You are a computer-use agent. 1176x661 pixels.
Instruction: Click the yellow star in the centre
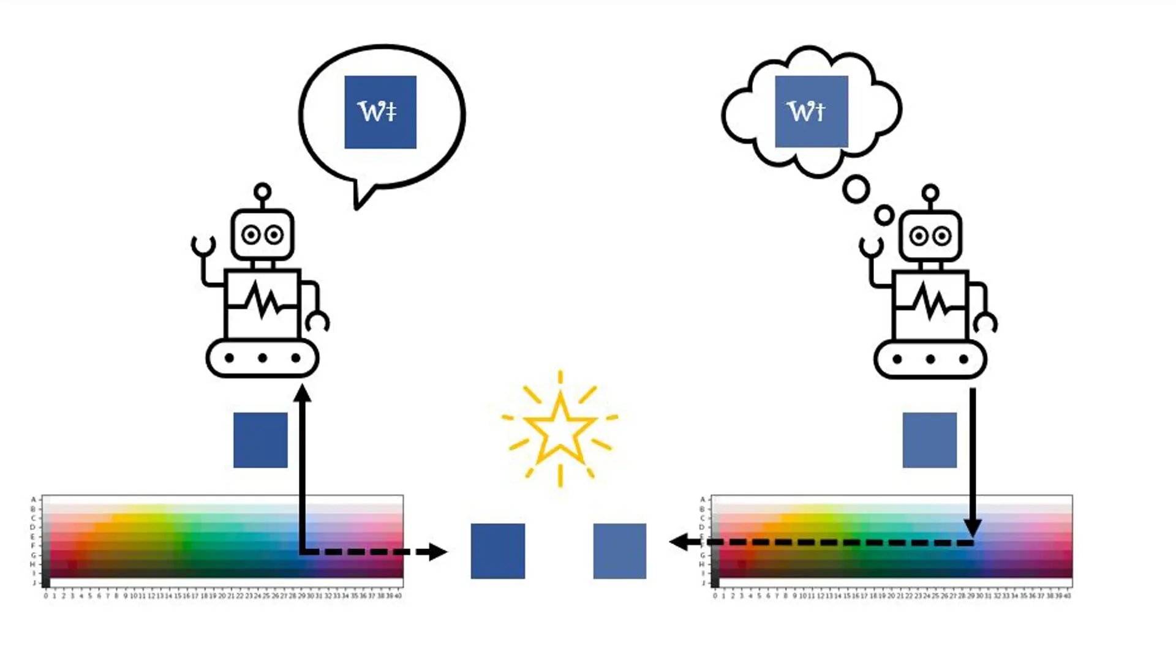560,428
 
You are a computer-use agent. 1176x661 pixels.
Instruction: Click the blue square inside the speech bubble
380,112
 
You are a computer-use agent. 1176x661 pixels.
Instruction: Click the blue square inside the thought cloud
812,111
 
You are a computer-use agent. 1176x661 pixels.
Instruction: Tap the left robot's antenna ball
263,192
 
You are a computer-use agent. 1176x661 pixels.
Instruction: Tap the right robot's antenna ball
930,193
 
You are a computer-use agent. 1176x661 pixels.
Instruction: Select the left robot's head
263,234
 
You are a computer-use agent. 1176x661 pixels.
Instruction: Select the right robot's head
930,236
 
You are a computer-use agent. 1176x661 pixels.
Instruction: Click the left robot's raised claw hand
203,245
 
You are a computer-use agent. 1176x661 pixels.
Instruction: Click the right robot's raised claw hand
870,247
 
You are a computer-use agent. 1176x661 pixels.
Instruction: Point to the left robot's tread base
263,358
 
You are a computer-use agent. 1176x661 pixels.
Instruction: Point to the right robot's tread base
930,359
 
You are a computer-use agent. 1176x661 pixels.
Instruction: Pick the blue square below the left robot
260,440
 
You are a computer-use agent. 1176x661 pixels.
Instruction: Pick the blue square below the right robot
929,440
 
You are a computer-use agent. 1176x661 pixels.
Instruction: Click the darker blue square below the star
497,551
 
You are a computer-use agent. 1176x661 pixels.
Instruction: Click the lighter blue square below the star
619,551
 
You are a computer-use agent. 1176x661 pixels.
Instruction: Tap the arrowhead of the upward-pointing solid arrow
303,393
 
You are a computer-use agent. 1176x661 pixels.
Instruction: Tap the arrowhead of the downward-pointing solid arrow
973,527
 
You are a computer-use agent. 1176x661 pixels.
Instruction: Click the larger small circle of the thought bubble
856,189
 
